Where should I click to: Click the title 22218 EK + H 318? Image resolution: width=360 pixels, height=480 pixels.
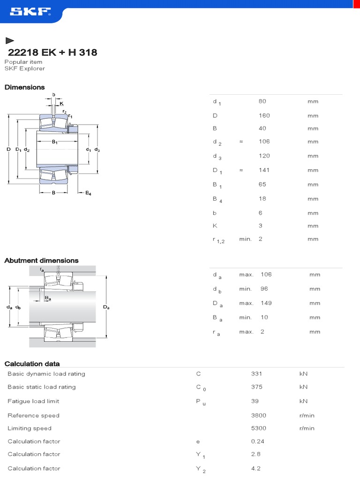click(52, 52)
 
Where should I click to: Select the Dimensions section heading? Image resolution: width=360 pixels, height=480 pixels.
click(24, 87)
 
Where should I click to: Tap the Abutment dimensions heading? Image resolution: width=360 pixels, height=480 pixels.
click(41, 261)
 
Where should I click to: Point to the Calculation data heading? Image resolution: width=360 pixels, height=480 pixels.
click(32, 364)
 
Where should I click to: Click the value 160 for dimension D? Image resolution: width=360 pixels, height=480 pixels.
click(264, 115)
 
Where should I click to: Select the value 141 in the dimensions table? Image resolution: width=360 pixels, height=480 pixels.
click(264, 170)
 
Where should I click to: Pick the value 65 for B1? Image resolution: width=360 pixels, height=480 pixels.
click(262, 185)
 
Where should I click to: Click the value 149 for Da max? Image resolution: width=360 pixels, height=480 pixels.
click(266, 303)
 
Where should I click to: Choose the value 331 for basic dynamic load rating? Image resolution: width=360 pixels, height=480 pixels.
click(256, 374)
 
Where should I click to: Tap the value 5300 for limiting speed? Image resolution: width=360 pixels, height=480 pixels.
click(258, 428)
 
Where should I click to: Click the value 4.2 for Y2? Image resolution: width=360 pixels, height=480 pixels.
click(256, 468)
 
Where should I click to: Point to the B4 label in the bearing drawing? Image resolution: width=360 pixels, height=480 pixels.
click(88, 193)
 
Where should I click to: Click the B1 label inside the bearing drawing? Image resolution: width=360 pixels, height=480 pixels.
click(55, 142)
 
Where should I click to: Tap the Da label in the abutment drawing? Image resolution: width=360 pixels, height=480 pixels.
click(106, 307)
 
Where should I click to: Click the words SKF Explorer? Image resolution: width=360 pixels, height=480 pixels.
click(24, 68)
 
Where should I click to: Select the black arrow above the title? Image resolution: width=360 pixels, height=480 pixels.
click(9, 41)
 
